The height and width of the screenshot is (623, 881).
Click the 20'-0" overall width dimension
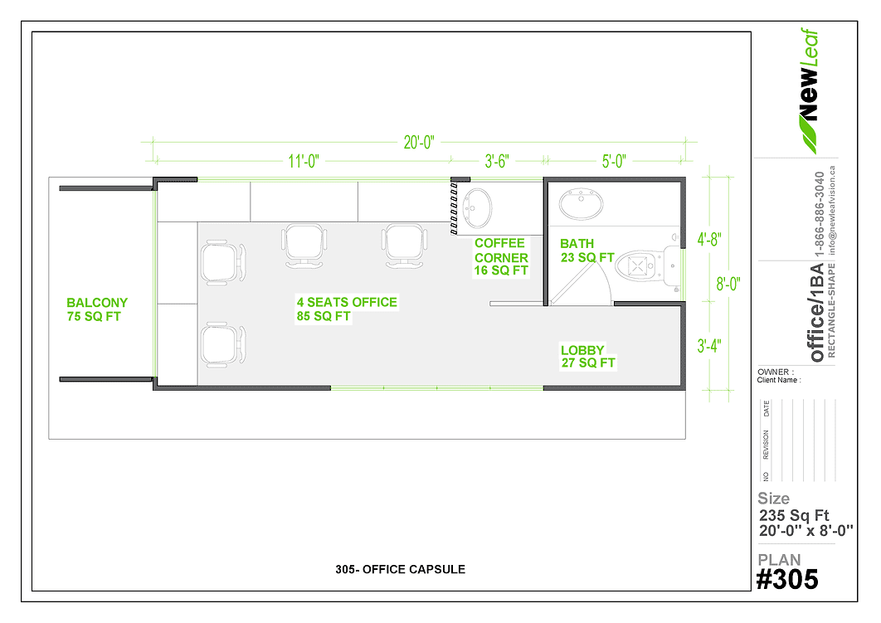(x=419, y=142)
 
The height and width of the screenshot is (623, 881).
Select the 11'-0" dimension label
(x=304, y=161)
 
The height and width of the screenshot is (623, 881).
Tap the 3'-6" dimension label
(x=497, y=161)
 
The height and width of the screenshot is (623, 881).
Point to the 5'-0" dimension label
(x=614, y=161)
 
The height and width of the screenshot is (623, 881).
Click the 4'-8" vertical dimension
(x=709, y=239)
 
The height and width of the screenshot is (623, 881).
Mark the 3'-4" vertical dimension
(x=709, y=345)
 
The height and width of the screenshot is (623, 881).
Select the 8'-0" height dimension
(x=728, y=284)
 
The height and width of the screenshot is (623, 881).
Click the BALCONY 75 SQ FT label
(x=96, y=309)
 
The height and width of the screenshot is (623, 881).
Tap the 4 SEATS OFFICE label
(x=347, y=309)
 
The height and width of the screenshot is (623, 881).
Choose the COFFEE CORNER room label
(x=500, y=256)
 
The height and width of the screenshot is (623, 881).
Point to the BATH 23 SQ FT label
(x=587, y=251)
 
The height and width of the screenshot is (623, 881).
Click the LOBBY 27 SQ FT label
(x=587, y=356)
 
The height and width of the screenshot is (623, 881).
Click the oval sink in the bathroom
(x=582, y=203)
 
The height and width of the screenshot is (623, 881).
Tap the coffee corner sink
(x=477, y=208)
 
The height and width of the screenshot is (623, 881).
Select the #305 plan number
(x=787, y=580)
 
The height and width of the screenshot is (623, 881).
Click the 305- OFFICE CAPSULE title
(x=400, y=569)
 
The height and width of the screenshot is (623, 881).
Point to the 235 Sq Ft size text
(x=793, y=515)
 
